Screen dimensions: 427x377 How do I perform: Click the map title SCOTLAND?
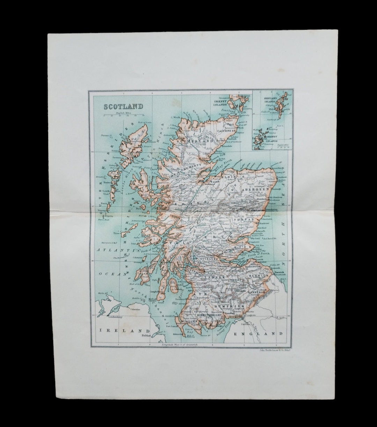pos(123,106)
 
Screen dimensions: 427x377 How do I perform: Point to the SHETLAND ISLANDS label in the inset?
pos(270,101)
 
